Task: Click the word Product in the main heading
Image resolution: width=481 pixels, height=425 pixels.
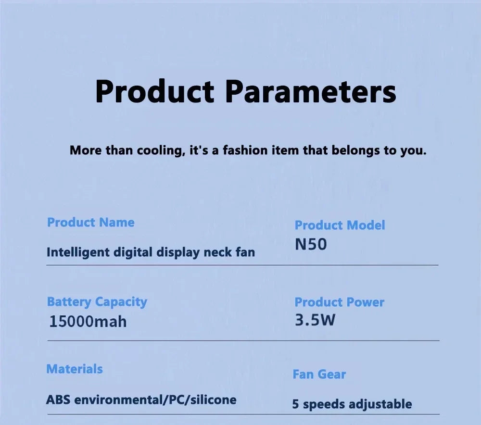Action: pos(154,91)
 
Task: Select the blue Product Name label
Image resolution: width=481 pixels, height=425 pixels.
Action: pos(90,223)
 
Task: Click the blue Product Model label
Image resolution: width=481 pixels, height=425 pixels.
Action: pos(340,225)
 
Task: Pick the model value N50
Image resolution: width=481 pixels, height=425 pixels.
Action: pos(310,245)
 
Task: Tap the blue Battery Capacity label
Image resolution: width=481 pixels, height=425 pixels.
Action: pos(97,302)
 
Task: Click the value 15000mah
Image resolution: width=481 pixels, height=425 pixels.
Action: pos(88,321)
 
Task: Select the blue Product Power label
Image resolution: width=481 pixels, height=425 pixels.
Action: pos(339,302)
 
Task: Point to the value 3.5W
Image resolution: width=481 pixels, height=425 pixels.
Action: pos(315,320)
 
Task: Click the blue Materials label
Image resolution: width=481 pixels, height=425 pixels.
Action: pos(74,369)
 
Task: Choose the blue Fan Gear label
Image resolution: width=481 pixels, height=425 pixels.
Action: pos(319,375)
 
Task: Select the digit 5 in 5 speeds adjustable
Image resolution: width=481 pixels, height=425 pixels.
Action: pos(295,404)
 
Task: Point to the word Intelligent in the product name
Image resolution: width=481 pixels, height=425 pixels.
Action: pos(77,252)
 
